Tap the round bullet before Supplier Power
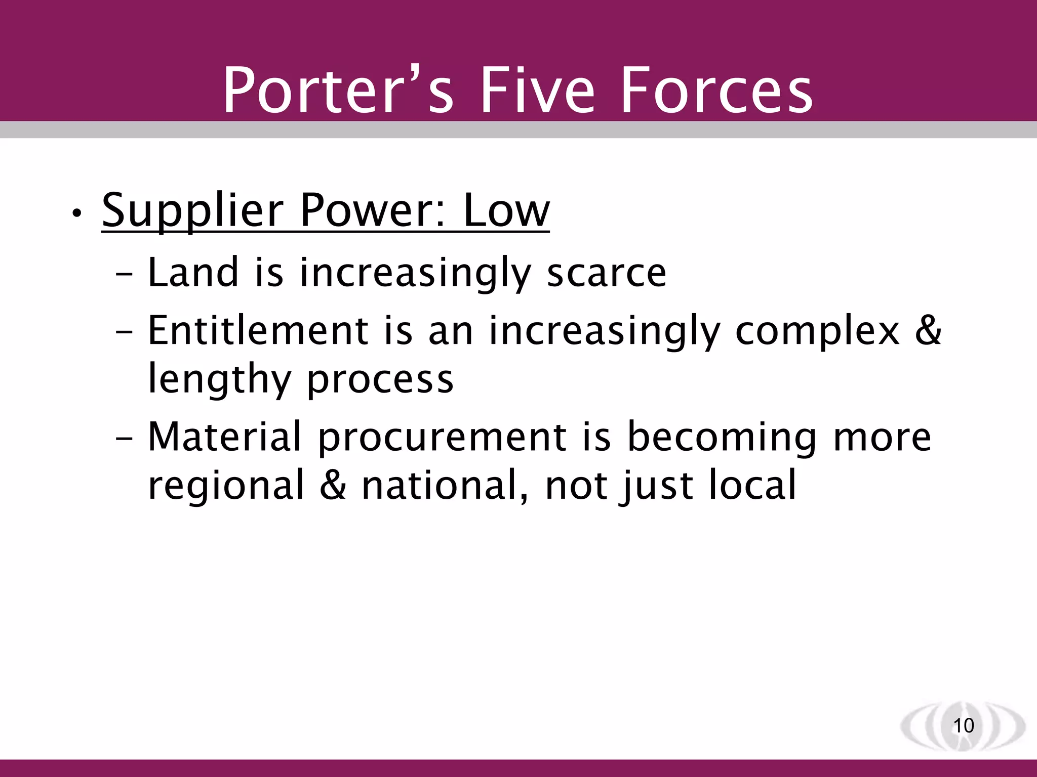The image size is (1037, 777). pos(76,214)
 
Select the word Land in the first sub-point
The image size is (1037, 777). pos(193,273)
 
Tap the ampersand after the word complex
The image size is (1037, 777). pos(928,331)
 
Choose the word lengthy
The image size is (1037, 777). pos(219,380)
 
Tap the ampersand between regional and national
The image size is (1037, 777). pos(333,485)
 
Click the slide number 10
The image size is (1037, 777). pos(963,725)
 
